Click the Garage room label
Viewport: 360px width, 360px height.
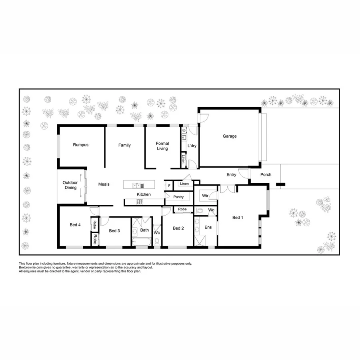230,136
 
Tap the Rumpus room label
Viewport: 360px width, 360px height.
80,145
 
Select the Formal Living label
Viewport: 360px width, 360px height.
162,146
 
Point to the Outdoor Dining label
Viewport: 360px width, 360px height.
70,185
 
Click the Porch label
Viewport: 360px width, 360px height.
266,174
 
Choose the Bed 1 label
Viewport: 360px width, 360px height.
238,218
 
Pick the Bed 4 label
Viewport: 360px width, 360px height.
75,225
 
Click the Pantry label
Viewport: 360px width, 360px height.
178,197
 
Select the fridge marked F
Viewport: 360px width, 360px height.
169,186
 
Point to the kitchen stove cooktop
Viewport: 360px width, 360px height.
140,202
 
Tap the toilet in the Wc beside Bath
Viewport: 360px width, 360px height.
157,241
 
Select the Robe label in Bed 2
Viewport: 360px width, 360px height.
182,209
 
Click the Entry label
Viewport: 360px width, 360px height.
231,174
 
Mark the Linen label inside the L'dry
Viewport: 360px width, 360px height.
183,159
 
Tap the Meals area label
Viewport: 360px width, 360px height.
104,184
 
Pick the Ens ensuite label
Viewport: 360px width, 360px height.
208,227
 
